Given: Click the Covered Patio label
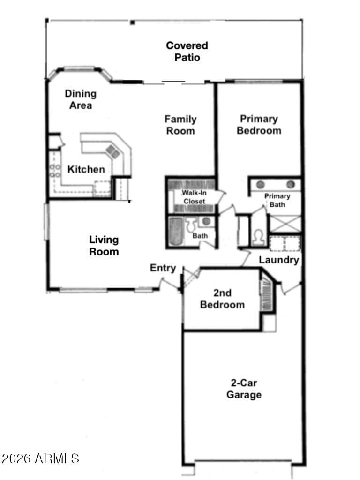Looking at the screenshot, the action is coord(187,52).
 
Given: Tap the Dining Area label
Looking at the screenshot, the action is coord(81,99).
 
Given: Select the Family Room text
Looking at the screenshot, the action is coord(180,125).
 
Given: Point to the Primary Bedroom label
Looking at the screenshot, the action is coord(259,125).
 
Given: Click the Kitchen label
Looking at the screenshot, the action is coord(86,169).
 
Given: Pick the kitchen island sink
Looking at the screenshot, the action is coord(112,151).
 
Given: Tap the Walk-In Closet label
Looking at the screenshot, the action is coord(194,197).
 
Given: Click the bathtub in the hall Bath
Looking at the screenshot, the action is coord(176,231).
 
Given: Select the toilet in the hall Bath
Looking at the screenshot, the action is coord(192,225).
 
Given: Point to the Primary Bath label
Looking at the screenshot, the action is coord(277,200).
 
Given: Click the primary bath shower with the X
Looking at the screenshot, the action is coord(285,224).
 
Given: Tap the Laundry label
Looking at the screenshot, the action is coord(279,260).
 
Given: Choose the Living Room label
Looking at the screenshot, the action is coord(104,246).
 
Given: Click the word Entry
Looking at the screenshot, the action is coord(163,268).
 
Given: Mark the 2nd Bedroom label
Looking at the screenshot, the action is coord(223,299).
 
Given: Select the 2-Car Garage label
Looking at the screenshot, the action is coord(244,389).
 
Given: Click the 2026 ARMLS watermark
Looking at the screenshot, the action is coord(40,458).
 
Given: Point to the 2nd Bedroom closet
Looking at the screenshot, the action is coord(266,295).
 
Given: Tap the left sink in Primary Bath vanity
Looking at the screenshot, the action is coord(261,184).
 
